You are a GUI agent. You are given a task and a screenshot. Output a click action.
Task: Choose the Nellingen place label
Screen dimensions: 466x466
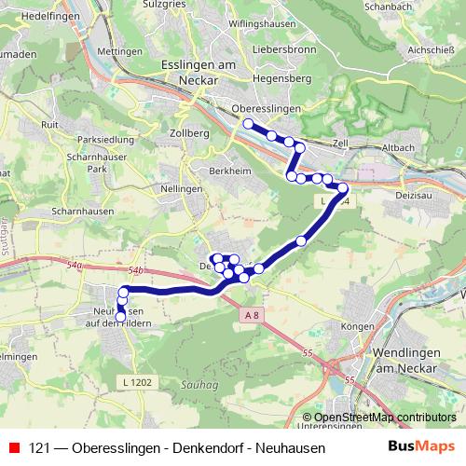coord(182,188)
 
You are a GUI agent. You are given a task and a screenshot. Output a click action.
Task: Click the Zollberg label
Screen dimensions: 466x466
coord(190,133)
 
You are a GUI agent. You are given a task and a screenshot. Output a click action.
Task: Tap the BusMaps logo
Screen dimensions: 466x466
coord(421,447)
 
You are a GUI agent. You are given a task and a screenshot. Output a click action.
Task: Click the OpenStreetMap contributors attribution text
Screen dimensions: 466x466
coord(386,417)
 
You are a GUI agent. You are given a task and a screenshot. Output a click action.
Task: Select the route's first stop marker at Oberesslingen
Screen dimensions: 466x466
coord(248,124)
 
